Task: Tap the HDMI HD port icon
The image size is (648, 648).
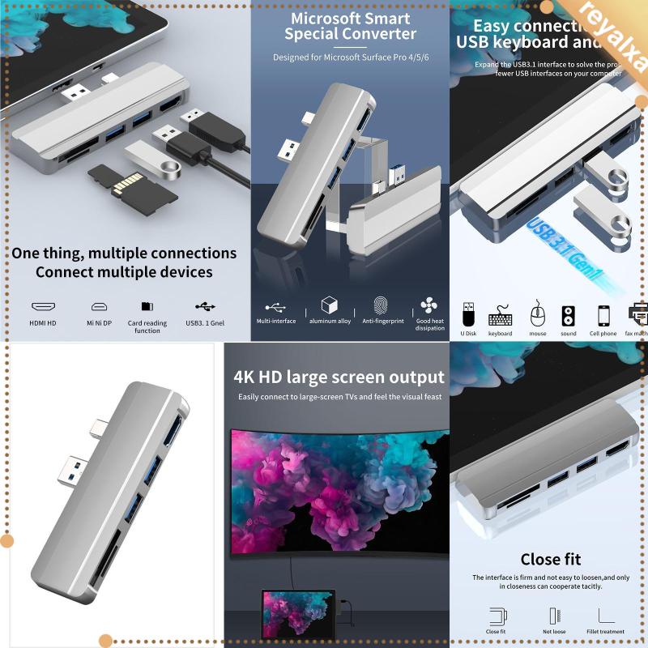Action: [43, 307]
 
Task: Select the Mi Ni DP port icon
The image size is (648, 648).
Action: [99, 307]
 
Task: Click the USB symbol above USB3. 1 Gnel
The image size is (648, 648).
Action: [206, 307]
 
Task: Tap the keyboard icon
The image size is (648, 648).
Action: [500, 313]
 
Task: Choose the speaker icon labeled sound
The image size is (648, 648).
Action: [568, 313]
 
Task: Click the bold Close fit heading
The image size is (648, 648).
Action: [550, 559]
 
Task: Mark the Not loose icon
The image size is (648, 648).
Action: [553, 616]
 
